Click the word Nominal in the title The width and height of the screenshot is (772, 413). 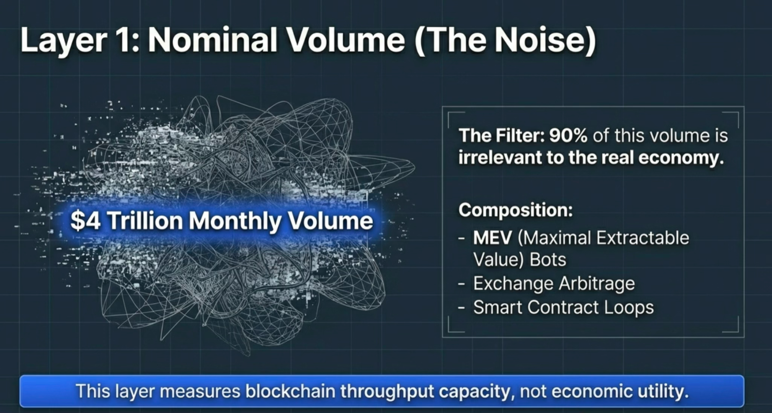pos(212,40)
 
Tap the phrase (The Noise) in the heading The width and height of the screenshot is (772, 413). pos(505,41)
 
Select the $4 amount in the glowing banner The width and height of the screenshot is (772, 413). pos(85,221)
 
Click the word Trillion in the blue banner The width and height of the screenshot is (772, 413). pos(145,221)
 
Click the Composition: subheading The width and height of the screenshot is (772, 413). pos(516,210)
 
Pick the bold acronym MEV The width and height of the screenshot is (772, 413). pos(493,238)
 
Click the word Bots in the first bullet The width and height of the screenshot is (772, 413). pos(547,260)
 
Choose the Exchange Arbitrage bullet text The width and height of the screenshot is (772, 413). pos(554,284)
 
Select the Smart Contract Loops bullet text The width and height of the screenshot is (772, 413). pos(563,307)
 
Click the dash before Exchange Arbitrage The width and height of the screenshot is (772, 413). pos(462,284)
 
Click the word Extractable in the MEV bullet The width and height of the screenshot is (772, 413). pos(642,238)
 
